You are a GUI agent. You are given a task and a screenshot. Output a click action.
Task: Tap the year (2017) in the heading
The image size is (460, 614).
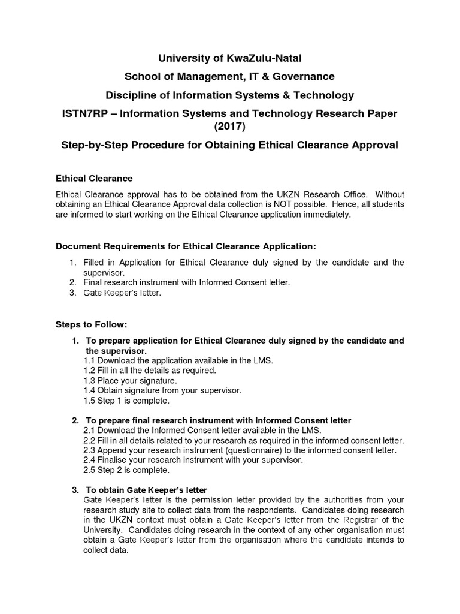pos(230,127)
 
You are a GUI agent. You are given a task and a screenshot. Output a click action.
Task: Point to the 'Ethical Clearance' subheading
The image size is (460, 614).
pos(94,179)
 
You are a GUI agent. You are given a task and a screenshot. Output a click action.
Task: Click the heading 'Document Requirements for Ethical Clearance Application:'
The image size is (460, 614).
pos(185,246)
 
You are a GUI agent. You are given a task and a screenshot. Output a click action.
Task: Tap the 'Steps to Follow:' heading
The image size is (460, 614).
pos(92,324)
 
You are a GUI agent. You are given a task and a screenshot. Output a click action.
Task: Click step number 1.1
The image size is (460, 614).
pos(89,360)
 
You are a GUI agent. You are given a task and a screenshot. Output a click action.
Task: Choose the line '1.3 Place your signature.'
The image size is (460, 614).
pos(130,380)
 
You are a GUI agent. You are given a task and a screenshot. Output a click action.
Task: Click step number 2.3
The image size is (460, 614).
pos(89,450)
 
